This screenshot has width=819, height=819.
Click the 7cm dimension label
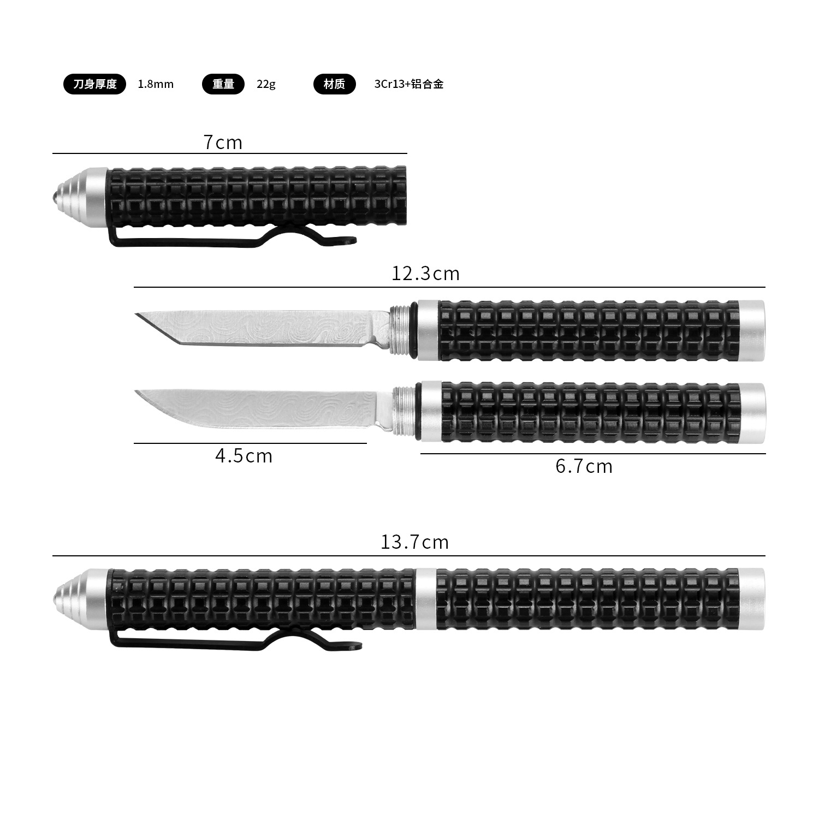(222, 143)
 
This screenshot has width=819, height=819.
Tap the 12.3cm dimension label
(425, 273)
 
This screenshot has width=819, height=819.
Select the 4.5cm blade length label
(244, 456)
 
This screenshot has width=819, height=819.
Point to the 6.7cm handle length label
(584, 466)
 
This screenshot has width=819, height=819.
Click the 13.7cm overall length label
(414, 542)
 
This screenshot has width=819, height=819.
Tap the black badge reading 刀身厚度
(94, 84)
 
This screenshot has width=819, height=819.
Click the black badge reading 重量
(223, 84)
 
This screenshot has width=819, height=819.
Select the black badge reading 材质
(334, 84)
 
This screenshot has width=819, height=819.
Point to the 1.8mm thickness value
(156, 84)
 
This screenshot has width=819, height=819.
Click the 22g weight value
(266, 84)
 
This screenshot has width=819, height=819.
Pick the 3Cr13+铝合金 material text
(408, 84)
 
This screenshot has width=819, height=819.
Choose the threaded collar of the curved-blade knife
(403, 412)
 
